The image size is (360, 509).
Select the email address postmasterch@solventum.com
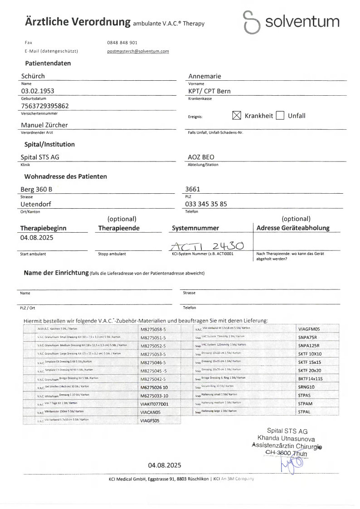[138, 51]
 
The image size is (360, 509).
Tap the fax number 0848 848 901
[122, 42]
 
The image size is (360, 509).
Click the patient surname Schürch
[33, 76]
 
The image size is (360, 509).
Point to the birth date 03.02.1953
[38, 91]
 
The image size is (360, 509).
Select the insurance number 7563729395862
[45, 106]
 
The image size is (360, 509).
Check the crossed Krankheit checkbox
[236, 115]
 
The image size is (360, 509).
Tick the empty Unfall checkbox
[280, 115]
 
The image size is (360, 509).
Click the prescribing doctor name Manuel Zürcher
[44, 124]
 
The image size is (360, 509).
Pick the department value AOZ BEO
[201, 157]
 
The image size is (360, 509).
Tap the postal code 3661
[193, 189]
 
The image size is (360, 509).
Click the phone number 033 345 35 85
[206, 204]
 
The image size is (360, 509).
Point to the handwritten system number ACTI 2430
[207, 245]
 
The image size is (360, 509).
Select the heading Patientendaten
[48, 64]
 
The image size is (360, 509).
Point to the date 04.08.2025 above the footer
[164, 465]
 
